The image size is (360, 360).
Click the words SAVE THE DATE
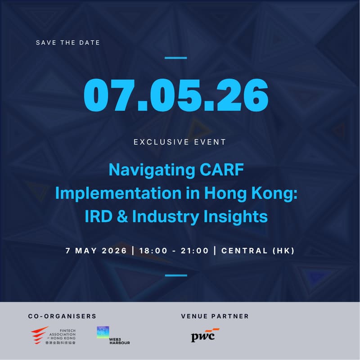[68, 43]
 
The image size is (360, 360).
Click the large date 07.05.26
[176, 95]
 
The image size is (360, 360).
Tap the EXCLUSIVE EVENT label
[180, 142]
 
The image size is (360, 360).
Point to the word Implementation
[111, 193]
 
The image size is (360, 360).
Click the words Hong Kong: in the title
[252, 193]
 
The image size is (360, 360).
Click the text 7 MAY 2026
[97, 251]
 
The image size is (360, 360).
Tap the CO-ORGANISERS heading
[62, 316]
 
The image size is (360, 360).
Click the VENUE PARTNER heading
[215, 316]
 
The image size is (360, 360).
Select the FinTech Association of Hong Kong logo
[54, 336]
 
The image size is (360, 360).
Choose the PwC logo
[205, 335]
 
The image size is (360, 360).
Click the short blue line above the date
[176, 58]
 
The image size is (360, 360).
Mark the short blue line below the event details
[176, 275]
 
